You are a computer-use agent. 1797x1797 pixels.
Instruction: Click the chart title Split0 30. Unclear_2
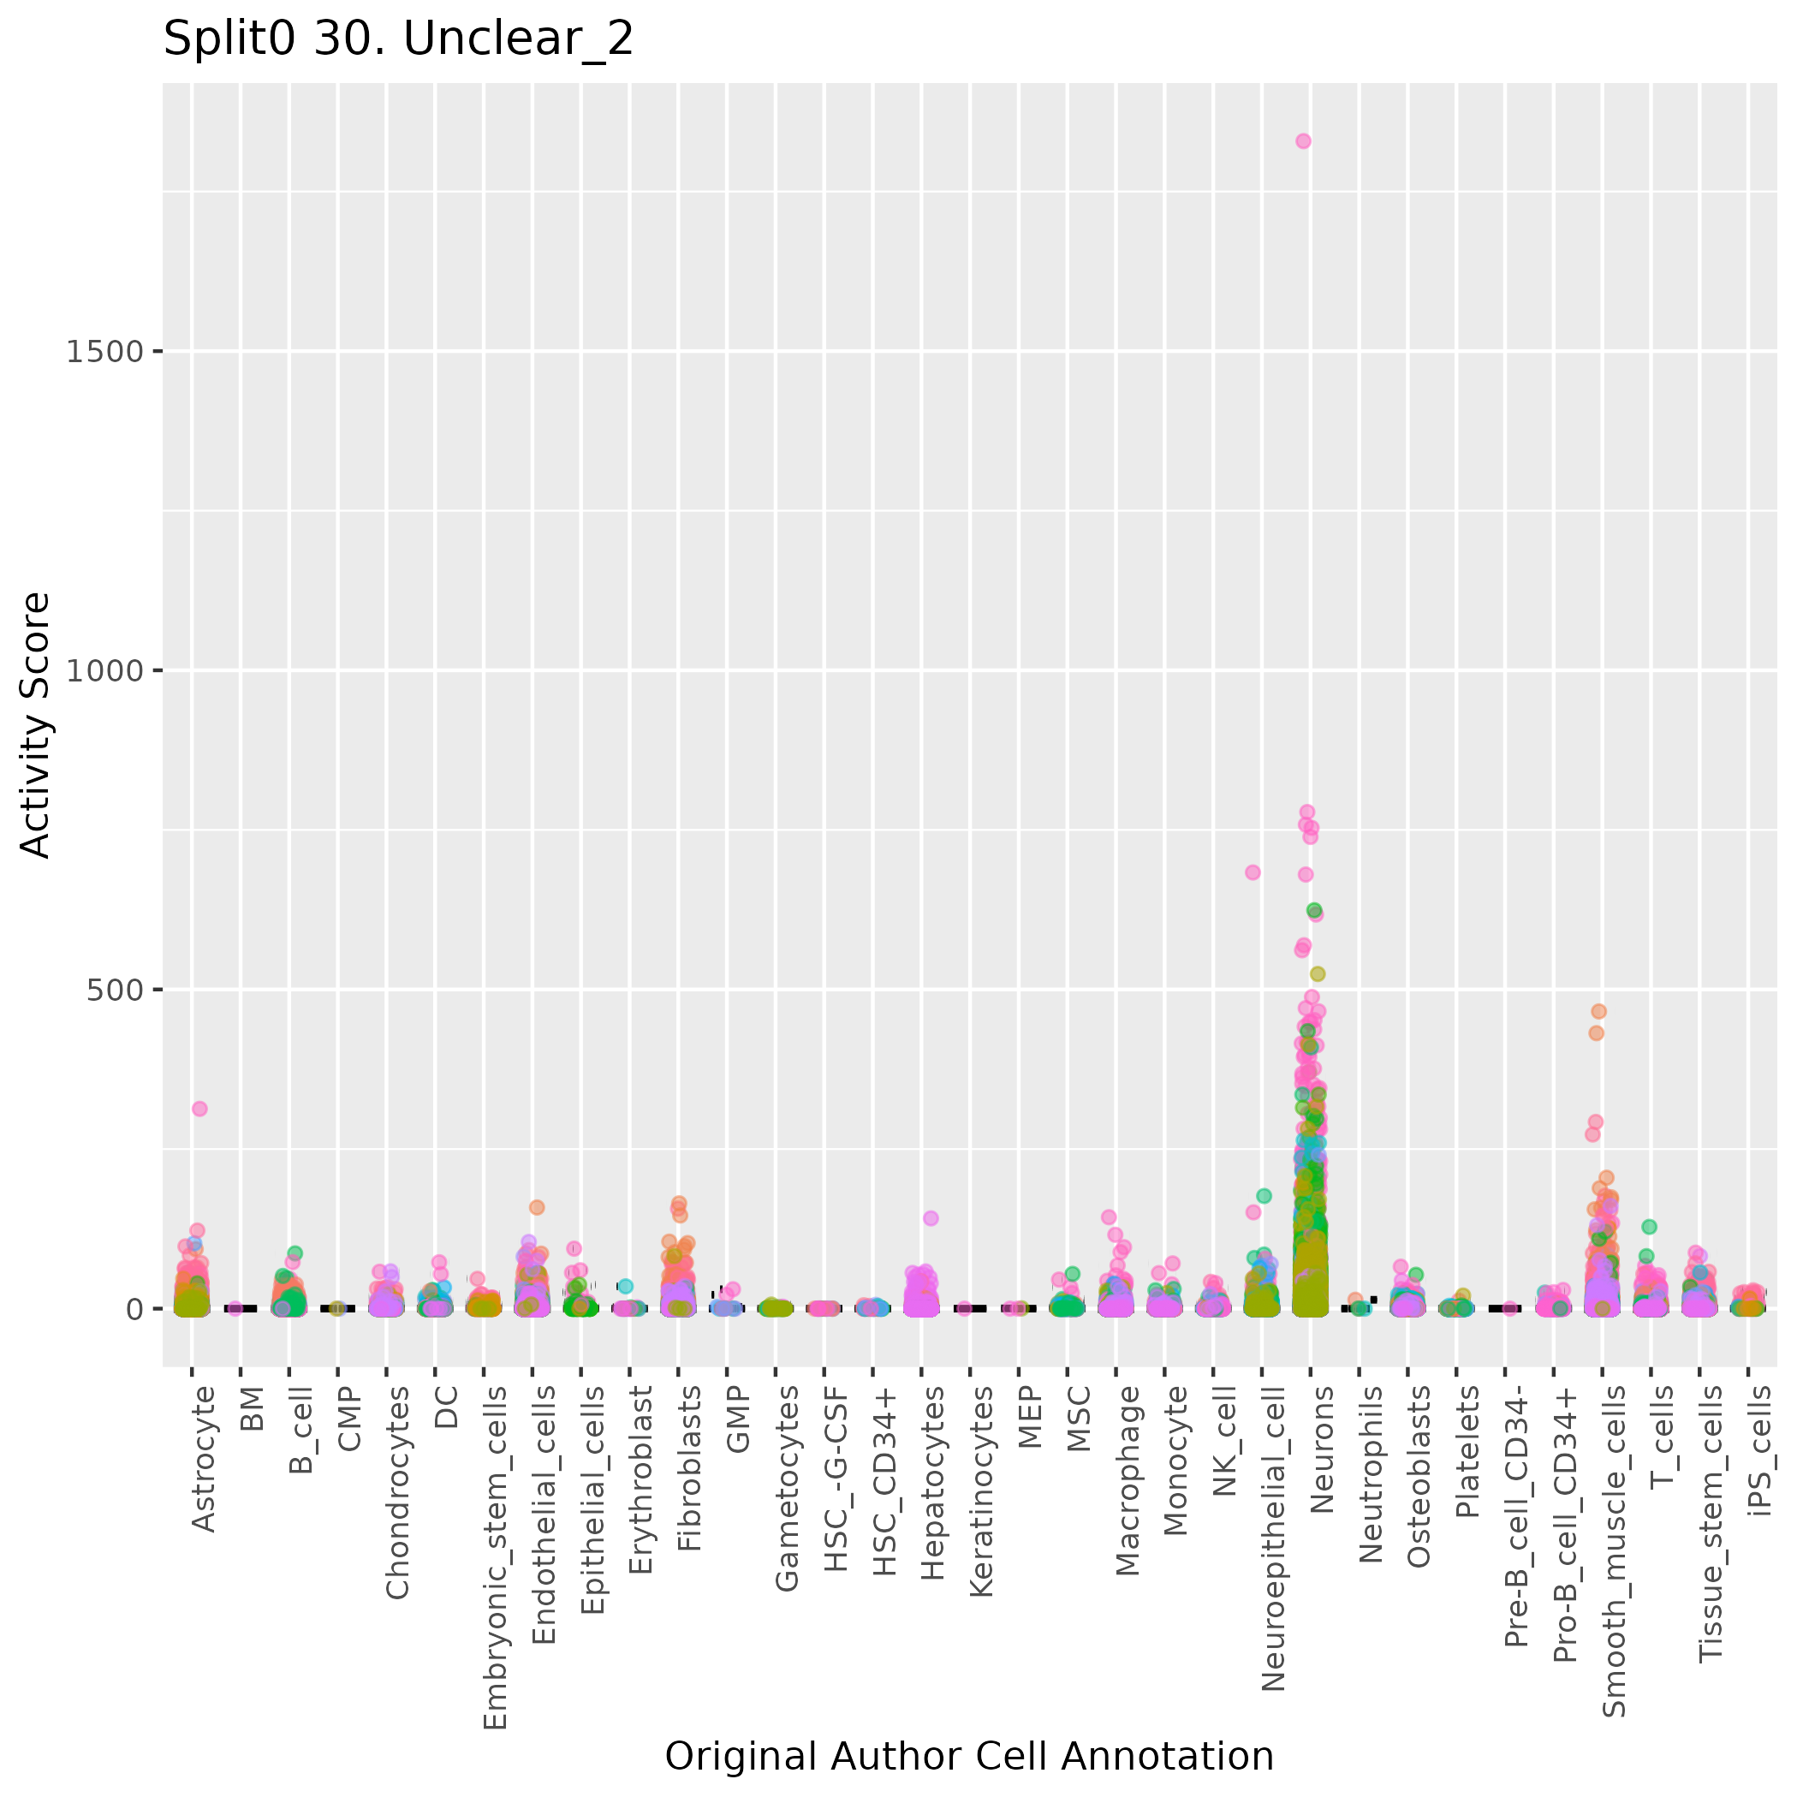(398, 40)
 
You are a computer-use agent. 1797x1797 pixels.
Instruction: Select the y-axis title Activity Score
(35, 724)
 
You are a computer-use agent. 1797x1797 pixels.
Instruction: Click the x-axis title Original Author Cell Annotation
(969, 1757)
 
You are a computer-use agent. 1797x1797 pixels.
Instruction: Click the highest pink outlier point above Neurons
(1303, 141)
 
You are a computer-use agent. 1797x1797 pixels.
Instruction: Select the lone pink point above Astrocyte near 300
(199, 1109)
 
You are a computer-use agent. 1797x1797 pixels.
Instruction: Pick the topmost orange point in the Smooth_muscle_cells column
(1599, 1011)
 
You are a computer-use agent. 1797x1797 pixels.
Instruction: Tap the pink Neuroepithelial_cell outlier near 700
(1253, 872)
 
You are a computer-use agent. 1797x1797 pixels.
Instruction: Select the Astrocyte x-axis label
(202, 1459)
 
